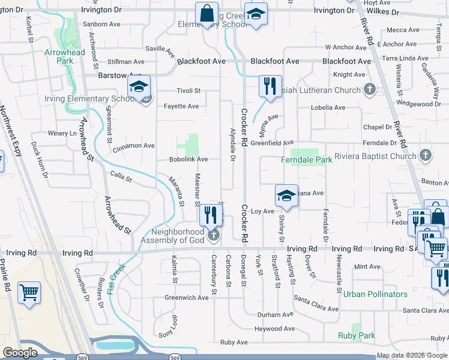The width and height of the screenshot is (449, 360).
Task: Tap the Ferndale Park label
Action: pyautogui.click(x=307, y=160)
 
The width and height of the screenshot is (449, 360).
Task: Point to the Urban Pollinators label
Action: pyautogui.click(x=375, y=294)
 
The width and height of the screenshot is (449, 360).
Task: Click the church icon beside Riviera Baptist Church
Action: pyautogui.click(x=426, y=156)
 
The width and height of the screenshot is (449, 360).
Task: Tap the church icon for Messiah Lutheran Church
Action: pyautogui.click(x=370, y=91)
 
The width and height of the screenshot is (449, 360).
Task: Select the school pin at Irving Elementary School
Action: pyautogui.click(x=139, y=88)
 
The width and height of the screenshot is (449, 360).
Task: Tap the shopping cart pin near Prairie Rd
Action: pyautogui.click(x=29, y=293)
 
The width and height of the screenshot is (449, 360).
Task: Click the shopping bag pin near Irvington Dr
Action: pyautogui.click(x=206, y=14)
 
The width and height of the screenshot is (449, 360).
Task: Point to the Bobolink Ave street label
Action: pyautogui.click(x=188, y=160)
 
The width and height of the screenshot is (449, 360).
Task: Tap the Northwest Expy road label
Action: pyautogui.click(x=14, y=132)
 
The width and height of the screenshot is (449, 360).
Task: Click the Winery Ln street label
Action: pyautogui.click(x=62, y=133)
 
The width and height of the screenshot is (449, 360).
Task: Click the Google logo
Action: pyautogui.click(x=20, y=353)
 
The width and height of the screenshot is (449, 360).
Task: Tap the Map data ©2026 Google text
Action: pyautogui.click(x=412, y=355)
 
